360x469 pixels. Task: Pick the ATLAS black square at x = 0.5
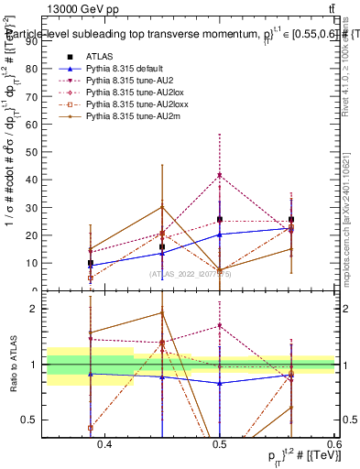click(x=220, y=220)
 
